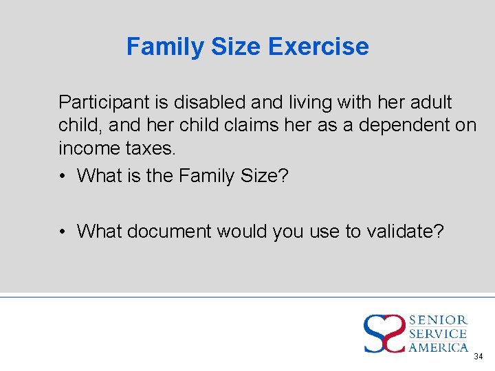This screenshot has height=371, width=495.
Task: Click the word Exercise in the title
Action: [x=318, y=47]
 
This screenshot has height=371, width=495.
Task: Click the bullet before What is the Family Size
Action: [x=63, y=177]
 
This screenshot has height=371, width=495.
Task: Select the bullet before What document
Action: [x=63, y=232]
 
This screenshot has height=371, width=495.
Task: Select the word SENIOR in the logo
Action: [x=439, y=320]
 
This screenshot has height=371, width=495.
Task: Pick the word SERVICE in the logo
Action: [x=439, y=334]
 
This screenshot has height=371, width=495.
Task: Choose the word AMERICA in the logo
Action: [x=439, y=348]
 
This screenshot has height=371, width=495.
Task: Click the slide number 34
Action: [x=478, y=357]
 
